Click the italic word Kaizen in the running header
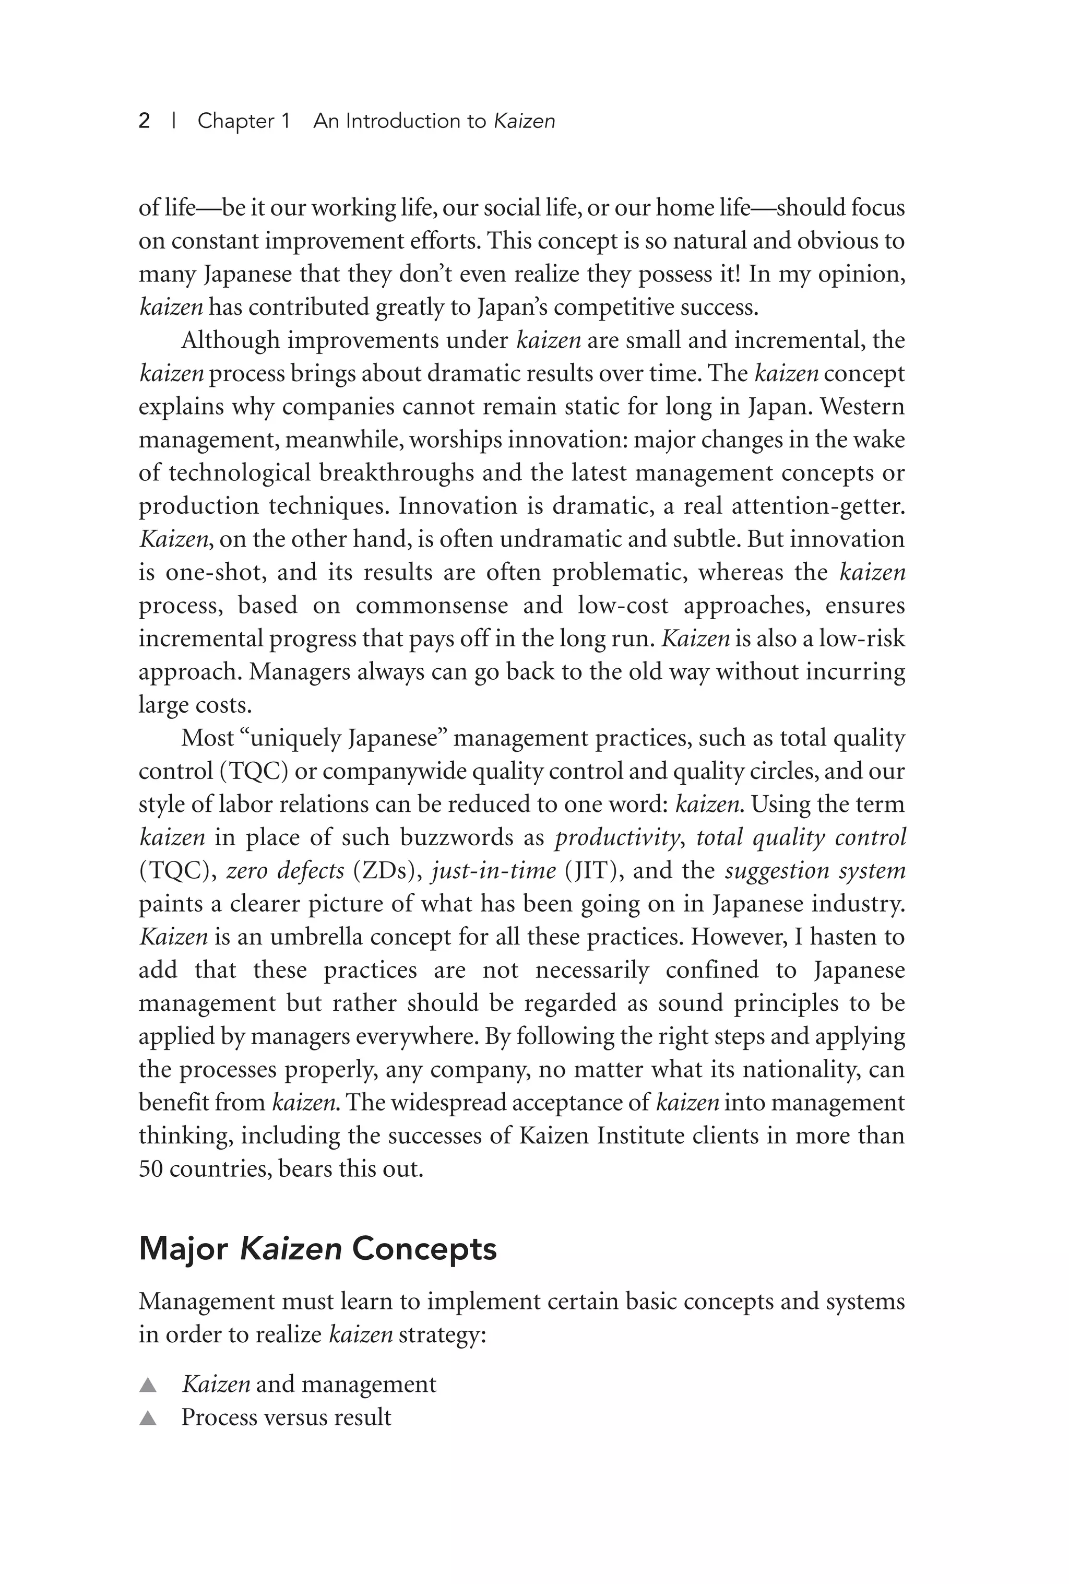[x=524, y=121]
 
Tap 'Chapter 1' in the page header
[x=244, y=121]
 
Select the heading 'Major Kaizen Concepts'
[x=317, y=1249]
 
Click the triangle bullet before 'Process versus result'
[x=148, y=1418]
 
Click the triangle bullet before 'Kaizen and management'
[x=148, y=1385]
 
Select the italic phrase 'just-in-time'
[x=494, y=871]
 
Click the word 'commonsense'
[x=432, y=606]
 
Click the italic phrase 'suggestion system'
[x=815, y=871]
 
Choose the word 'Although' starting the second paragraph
[x=230, y=340]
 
